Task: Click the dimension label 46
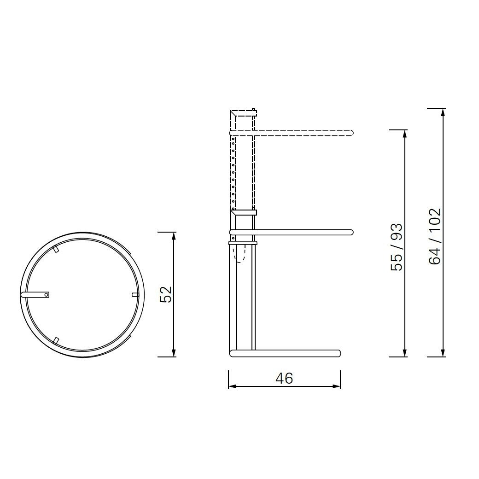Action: tap(284, 378)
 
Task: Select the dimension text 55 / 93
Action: tap(397, 247)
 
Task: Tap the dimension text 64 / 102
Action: tap(435, 236)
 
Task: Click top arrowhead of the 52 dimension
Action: tap(174, 235)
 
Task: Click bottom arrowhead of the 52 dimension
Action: tap(174, 353)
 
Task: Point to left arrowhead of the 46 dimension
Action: tap(232, 386)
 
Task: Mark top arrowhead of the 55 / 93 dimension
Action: tap(405, 134)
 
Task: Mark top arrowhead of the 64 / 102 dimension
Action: tap(443, 112)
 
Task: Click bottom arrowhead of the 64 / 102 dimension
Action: tap(443, 353)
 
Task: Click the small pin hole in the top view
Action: tap(46, 294)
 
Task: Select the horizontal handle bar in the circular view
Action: tap(35, 294)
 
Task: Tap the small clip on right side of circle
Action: tap(135, 295)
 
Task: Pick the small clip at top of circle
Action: tap(56, 249)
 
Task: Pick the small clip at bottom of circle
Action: tap(56, 340)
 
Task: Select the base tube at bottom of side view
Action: tap(286, 353)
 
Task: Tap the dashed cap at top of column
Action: tap(243, 113)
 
